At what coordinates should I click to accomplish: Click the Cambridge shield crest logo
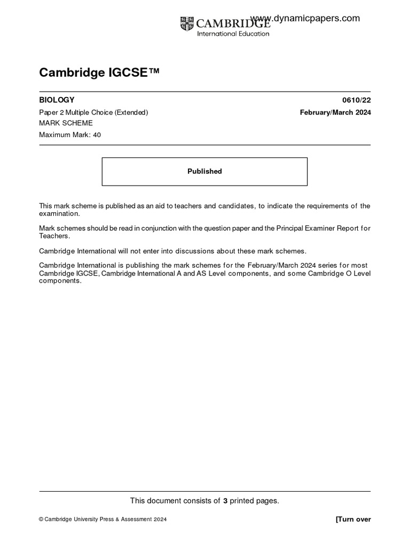[187, 23]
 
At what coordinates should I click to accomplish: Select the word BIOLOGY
[57, 100]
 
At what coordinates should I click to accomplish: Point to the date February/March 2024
[335, 112]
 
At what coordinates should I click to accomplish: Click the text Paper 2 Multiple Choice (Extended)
[93, 112]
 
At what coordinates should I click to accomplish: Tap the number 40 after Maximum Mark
[97, 135]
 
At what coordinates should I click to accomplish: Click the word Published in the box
[204, 171]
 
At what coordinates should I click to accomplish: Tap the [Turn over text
[353, 519]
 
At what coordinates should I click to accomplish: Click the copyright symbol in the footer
[41, 519]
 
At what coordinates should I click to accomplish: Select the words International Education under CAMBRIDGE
[233, 34]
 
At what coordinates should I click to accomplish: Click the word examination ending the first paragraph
[59, 213]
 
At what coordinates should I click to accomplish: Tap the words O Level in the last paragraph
[356, 274]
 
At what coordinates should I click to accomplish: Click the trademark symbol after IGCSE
[154, 71]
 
